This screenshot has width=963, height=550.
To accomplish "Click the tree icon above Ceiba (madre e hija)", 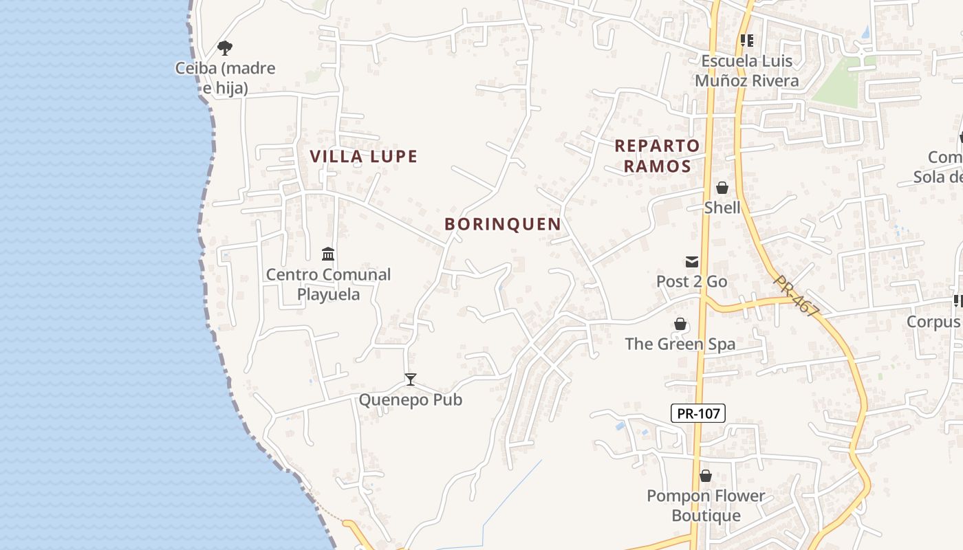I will [224, 47].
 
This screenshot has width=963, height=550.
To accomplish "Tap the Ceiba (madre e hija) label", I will [225, 78].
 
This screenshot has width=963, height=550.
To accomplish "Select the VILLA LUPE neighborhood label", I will [364, 157].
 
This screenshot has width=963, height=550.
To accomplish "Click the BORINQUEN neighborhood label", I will [503, 224].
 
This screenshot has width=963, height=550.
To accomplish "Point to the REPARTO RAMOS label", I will [656, 155].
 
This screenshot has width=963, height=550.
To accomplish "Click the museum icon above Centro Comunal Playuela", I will [328, 254].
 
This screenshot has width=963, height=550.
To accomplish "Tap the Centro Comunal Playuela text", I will [328, 284].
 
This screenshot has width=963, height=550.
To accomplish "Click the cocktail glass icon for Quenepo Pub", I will [411, 379].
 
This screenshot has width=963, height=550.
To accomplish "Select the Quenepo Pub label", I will [411, 399].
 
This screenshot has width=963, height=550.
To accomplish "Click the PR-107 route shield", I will [697, 413].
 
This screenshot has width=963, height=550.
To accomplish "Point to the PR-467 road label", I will [796, 296].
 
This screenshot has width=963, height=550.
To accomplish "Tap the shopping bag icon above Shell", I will [722, 188].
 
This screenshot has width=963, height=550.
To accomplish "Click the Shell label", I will [722, 208].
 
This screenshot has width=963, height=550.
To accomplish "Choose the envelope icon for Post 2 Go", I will [691, 261].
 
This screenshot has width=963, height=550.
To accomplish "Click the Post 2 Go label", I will [691, 281].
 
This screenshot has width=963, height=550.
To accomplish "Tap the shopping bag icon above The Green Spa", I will [680, 324].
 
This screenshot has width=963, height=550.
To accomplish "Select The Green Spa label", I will [680, 344].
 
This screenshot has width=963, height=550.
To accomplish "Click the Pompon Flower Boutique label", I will [706, 505].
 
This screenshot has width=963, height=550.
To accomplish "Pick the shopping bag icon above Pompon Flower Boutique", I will [706, 476].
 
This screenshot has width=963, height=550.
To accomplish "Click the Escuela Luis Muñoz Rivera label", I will [747, 71].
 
